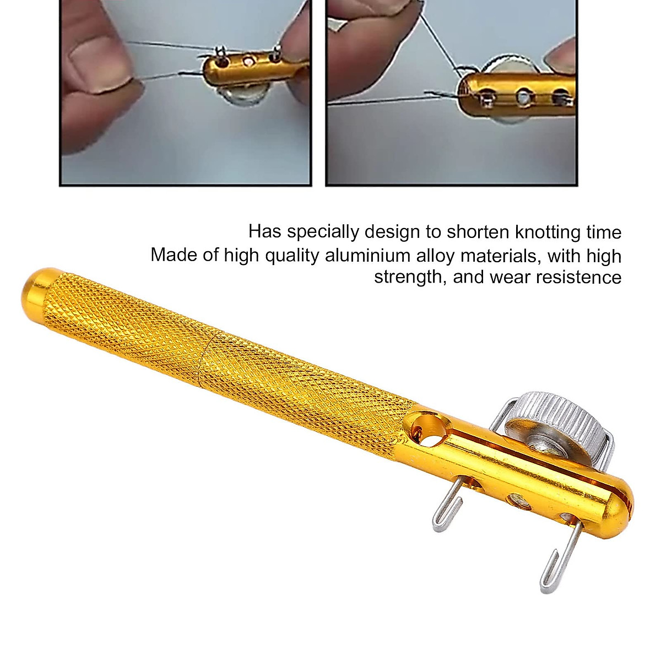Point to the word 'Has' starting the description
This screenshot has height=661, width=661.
pyautogui.click(x=264, y=232)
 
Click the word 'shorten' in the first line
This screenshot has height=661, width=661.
pyautogui.click(x=477, y=232)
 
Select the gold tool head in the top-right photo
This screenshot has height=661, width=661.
pyautogui.click(x=518, y=94)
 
